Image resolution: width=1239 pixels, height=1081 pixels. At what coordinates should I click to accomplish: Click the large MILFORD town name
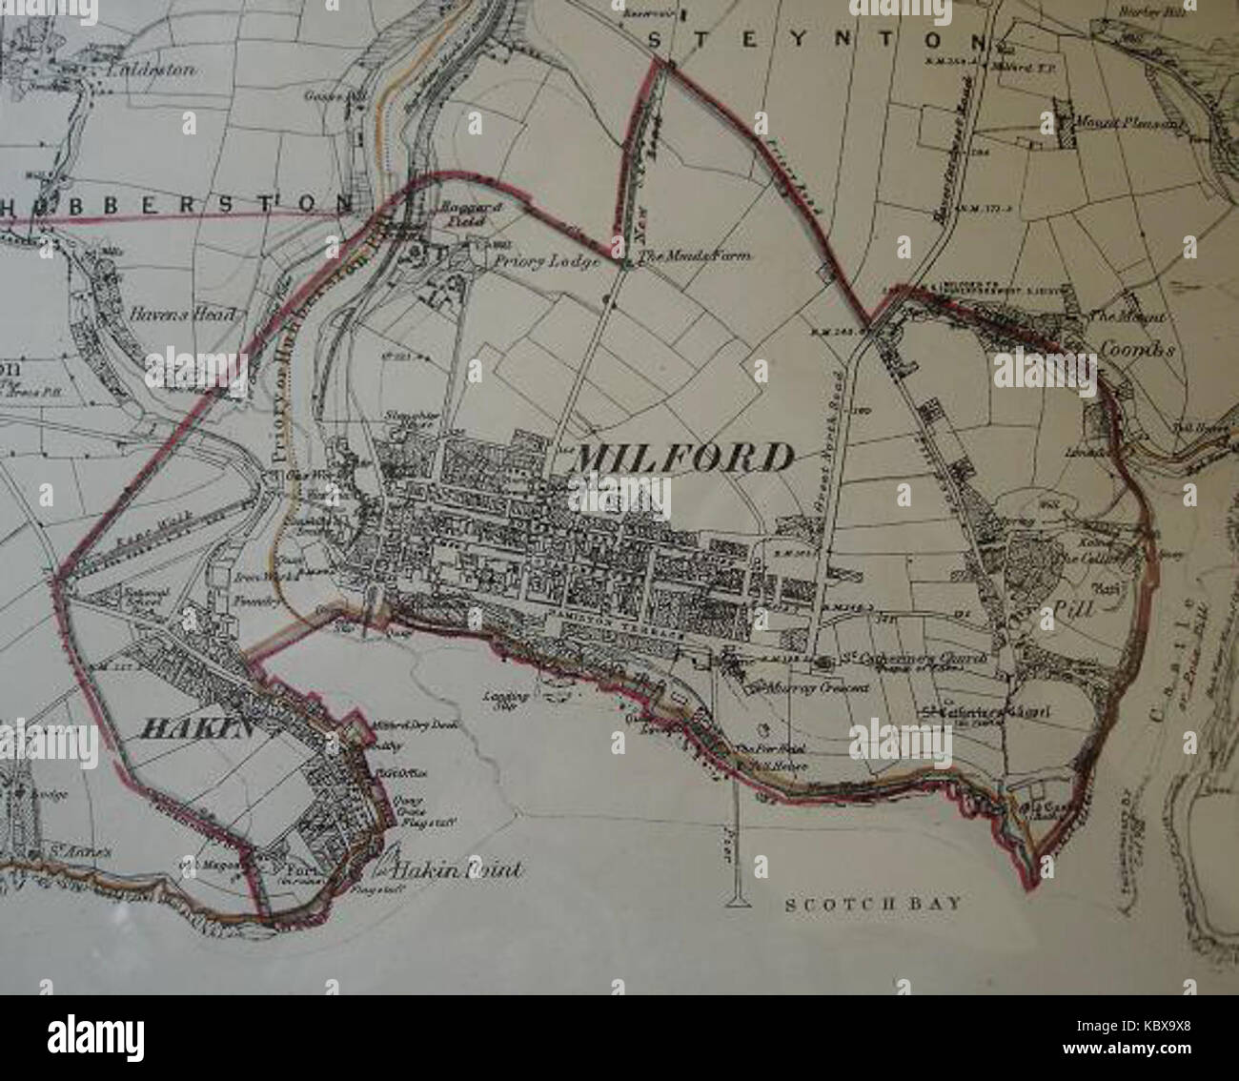pyautogui.click(x=681, y=459)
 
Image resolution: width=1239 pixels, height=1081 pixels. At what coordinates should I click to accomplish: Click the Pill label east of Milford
pyautogui.click(x=1081, y=606)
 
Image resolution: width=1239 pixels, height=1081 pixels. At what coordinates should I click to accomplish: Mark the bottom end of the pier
pyautogui.click(x=738, y=899)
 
